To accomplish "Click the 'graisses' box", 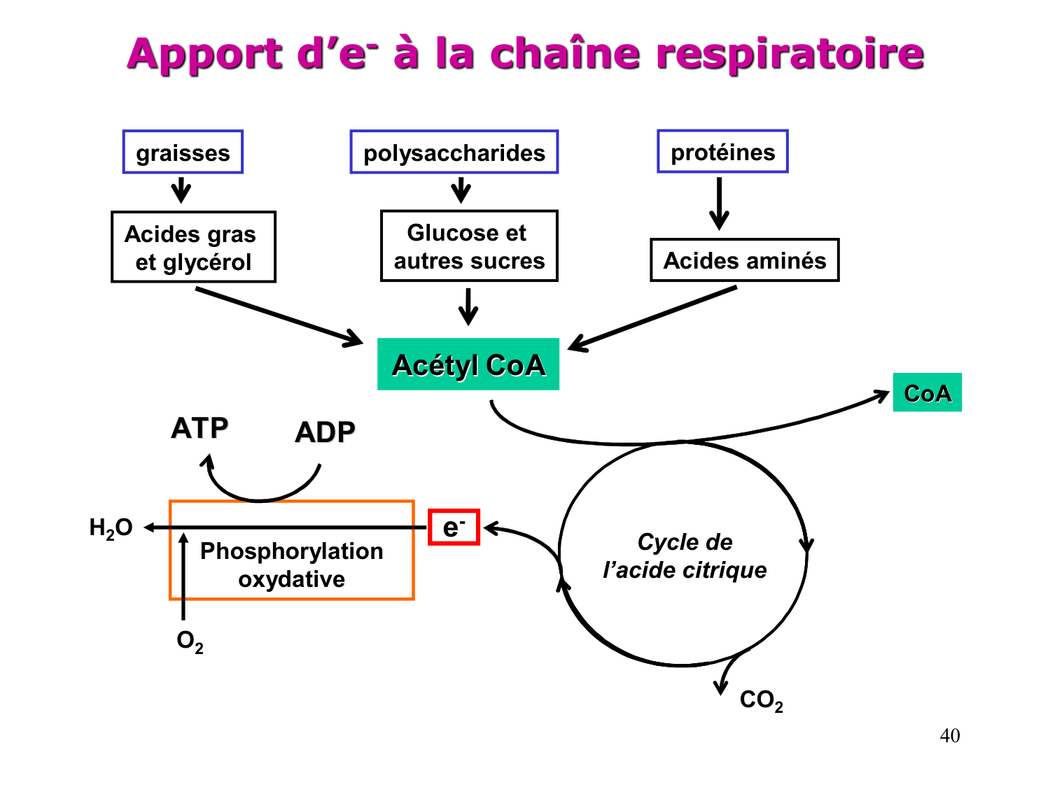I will pos(183,152).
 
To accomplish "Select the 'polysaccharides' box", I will pos(454,152).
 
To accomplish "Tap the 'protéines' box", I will pos(722,151).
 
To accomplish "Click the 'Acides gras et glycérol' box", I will pos(193,247).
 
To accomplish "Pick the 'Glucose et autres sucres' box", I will pos(469,246).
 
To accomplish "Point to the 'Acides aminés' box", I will pos(744,260).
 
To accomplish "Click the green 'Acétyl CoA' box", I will pos(468,364).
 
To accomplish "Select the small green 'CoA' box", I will pos(927,392).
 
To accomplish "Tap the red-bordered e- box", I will pos(454,527).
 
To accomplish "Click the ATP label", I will pos(199,428).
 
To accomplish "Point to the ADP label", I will pos(325,432).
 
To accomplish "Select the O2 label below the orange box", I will pos(190,641).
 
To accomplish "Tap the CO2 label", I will pos(761,700).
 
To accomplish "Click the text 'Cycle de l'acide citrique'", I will pos(684,556).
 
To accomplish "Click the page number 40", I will pos(949,736).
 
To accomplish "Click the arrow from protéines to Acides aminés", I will pos(719,203).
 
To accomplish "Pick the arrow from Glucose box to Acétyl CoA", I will pos(468,306).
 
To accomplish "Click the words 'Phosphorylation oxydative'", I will pos(291,565).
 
